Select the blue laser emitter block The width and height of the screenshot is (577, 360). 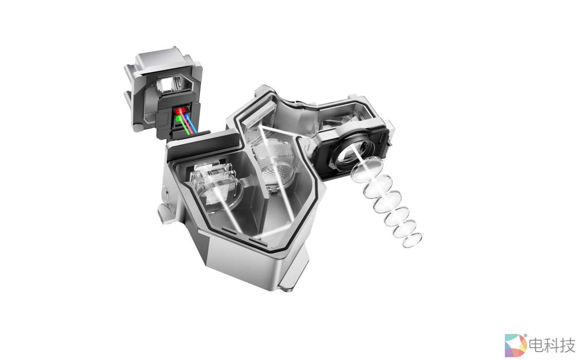(x=185, y=117)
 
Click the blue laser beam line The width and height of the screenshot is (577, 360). (x=191, y=124)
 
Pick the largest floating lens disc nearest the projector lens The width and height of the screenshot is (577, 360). (x=367, y=170)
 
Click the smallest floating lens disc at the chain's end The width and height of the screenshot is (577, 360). (x=412, y=240)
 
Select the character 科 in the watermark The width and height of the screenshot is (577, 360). (x=552, y=345)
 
